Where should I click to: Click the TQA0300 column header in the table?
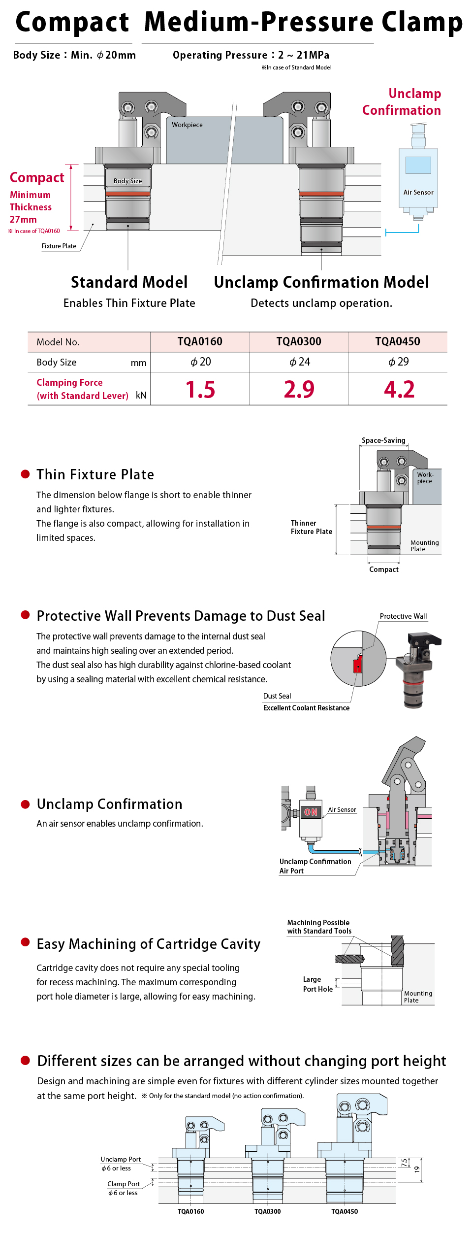(x=299, y=341)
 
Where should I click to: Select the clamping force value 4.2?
(x=399, y=389)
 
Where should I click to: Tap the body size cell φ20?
(x=201, y=362)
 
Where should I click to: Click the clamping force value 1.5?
(x=200, y=389)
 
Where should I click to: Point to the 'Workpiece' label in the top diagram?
(x=187, y=125)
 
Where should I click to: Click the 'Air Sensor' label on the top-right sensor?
(x=418, y=192)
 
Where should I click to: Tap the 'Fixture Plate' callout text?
(x=59, y=246)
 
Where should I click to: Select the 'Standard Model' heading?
(x=129, y=282)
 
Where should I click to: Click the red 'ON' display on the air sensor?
(x=311, y=812)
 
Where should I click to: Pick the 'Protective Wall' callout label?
(x=403, y=616)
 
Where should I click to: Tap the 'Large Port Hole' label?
(x=318, y=984)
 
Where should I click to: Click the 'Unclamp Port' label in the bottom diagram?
(x=121, y=1159)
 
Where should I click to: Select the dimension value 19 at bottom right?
(x=417, y=1169)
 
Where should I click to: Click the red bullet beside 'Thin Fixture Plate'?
(x=25, y=474)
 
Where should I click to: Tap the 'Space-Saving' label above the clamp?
(x=383, y=440)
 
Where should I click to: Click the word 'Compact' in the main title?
(x=72, y=22)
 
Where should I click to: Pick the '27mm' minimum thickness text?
(x=23, y=219)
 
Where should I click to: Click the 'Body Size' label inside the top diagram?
(x=127, y=181)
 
